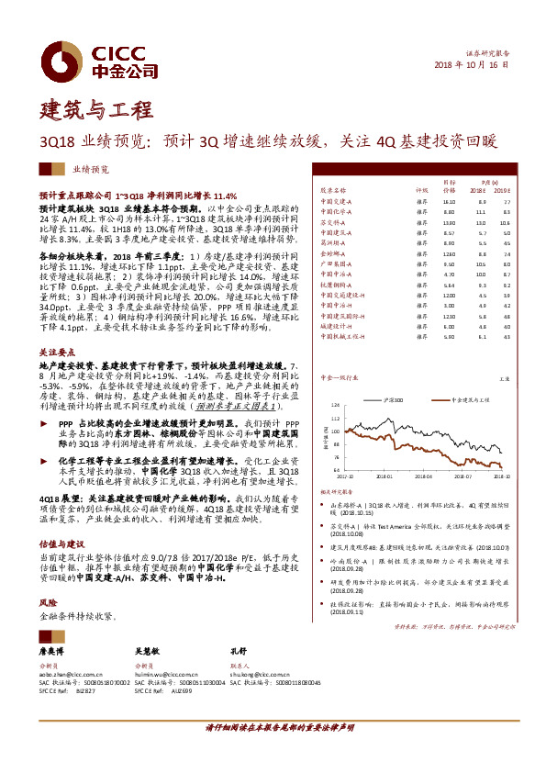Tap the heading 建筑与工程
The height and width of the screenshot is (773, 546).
click(96, 109)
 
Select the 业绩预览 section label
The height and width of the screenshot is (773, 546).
click(91, 170)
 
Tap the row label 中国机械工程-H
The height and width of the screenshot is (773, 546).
click(342, 336)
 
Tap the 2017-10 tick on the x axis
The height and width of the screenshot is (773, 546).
click(345, 476)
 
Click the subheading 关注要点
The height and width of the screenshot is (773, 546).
click(57, 351)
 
